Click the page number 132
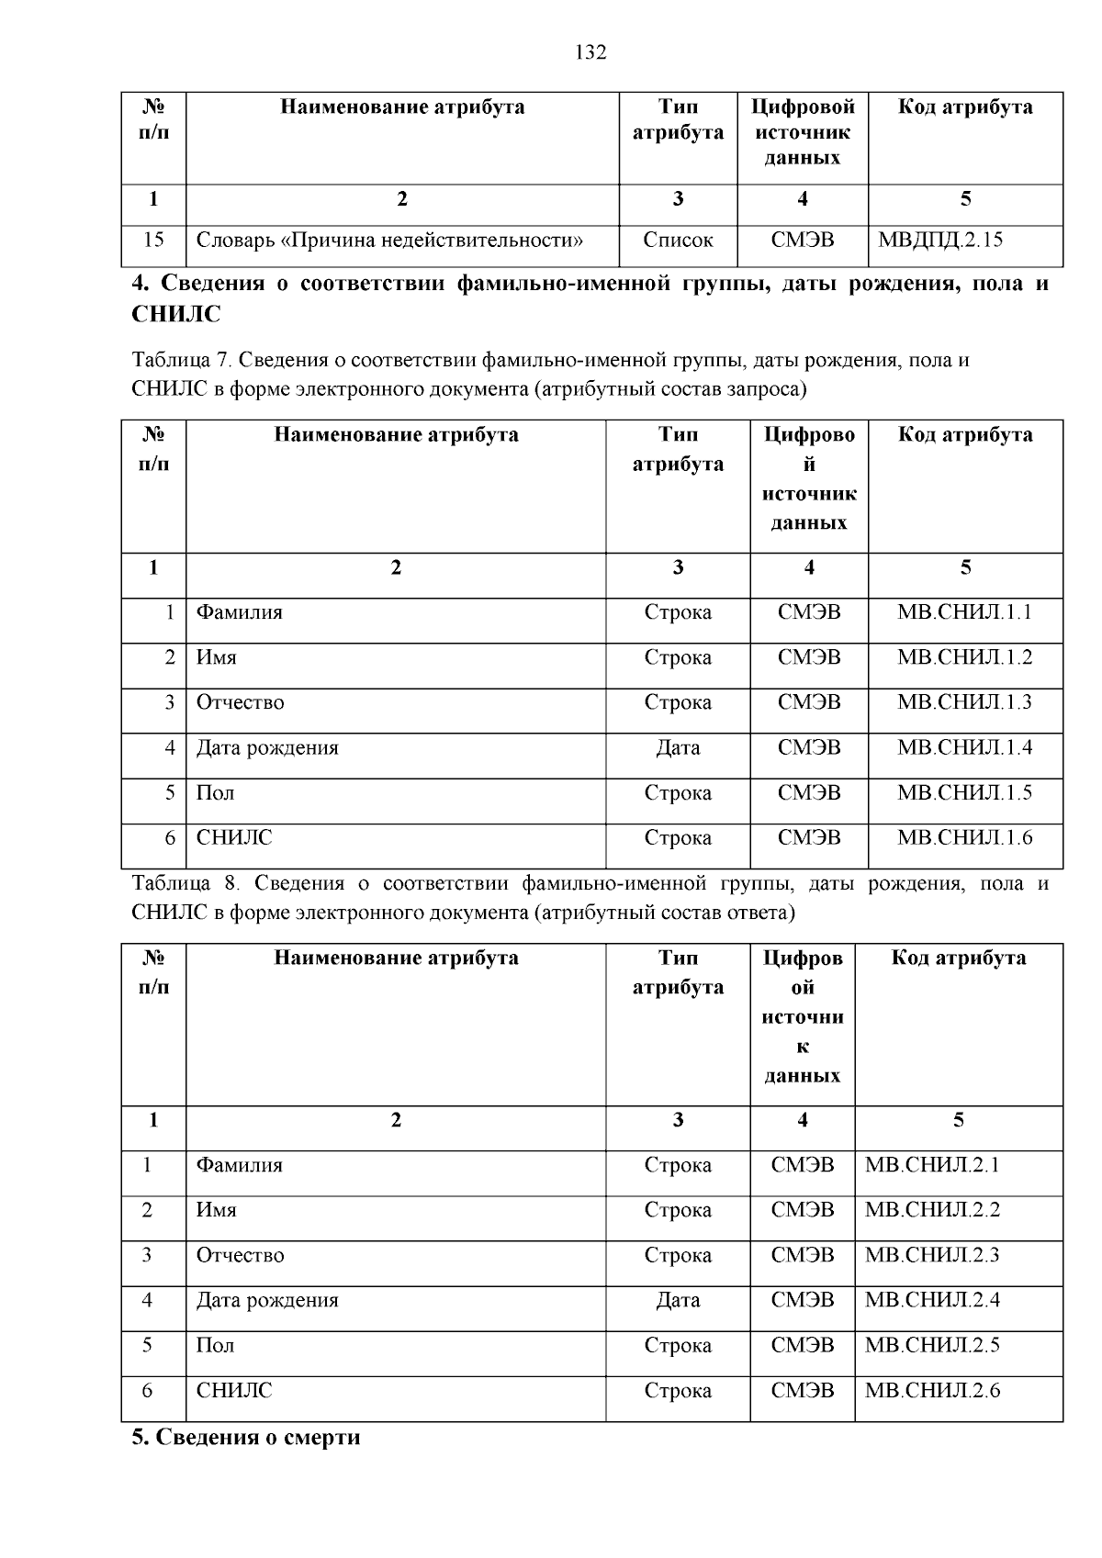pyautogui.click(x=590, y=52)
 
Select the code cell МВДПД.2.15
pyautogui.click(x=939, y=241)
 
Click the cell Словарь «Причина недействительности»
pyautogui.click(x=389, y=241)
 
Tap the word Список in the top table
pyautogui.click(x=678, y=241)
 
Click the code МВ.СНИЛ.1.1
pyautogui.click(x=964, y=611)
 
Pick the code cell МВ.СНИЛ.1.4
pyautogui.click(x=964, y=747)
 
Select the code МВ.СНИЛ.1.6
pyautogui.click(x=964, y=837)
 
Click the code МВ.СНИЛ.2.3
pyautogui.click(x=931, y=1255)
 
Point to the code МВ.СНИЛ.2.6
pyautogui.click(x=931, y=1390)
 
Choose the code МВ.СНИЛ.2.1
pyautogui.click(x=931, y=1165)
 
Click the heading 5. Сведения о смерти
pyautogui.click(x=246, y=1437)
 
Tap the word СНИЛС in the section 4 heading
pyautogui.click(x=176, y=315)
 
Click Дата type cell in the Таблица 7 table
pyautogui.click(x=678, y=747)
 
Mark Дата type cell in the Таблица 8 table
pyautogui.click(x=678, y=1300)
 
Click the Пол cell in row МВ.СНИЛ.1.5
pyautogui.click(x=215, y=792)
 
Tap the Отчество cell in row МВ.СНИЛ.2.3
pyautogui.click(x=240, y=1255)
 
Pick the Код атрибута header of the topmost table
pyautogui.click(x=964, y=107)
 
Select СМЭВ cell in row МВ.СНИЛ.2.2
pyautogui.click(x=802, y=1210)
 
